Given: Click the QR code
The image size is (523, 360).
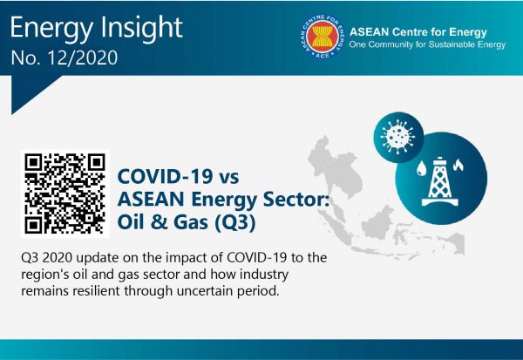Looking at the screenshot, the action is (65, 194).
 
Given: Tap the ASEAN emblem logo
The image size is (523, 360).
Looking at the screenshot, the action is (323, 37).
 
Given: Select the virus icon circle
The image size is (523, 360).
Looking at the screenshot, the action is (398, 137).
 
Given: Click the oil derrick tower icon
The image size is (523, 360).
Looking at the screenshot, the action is (440, 181).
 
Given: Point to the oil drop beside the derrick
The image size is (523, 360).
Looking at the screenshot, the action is (421, 168).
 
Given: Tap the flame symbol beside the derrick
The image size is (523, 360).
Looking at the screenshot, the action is (458, 165).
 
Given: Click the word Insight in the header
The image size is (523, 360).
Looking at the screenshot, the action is (141, 27).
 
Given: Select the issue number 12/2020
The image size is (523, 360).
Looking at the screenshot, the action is (83, 58).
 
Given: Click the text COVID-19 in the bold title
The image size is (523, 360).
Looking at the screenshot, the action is (165, 176).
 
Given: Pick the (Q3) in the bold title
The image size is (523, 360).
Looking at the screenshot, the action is (235, 222).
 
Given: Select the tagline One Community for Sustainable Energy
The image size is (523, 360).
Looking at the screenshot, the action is (427, 44).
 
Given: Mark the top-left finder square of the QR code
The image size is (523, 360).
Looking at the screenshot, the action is (33, 162).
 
